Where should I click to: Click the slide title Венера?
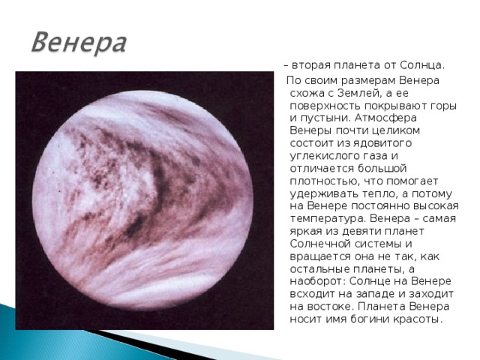pos(78,41)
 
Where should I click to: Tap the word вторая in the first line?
pos(311,64)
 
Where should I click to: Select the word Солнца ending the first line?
pos(423,64)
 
